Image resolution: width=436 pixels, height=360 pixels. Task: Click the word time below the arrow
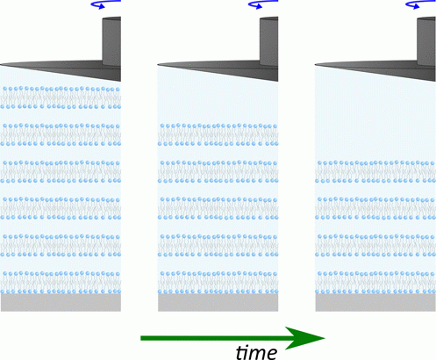(256, 352)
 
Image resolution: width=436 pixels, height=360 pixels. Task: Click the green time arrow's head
(304, 338)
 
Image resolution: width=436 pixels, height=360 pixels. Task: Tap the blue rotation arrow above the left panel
(106, 4)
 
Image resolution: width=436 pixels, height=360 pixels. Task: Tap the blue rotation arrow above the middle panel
(263, 4)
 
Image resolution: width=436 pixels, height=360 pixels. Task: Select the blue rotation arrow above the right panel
(420, 4)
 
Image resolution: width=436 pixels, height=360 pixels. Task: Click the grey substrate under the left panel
(61, 302)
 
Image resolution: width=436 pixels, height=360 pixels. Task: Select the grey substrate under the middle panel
(218, 302)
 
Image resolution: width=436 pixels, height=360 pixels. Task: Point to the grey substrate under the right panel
(375, 302)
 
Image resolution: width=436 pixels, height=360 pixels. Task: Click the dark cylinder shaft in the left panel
(111, 41)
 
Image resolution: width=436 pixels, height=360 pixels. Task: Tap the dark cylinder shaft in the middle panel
(268, 41)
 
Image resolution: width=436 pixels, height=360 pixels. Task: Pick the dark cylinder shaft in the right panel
(426, 41)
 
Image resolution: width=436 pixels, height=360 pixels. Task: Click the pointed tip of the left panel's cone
(1, 64)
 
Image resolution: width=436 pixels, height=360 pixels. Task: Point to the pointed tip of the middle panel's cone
(158, 64)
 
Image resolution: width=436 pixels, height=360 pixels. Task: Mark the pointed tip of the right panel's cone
(315, 64)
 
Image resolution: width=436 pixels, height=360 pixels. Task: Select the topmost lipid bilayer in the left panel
(61, 97)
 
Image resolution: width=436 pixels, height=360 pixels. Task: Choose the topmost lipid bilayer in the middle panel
(218, 134)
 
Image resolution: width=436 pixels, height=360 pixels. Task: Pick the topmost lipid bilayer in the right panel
(375, 171)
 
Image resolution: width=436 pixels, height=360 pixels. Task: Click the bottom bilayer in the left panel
(61, 282)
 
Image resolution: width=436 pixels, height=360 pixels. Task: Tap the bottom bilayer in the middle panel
(218, 282)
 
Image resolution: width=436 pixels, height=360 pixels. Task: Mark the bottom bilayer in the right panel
(375, 282)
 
